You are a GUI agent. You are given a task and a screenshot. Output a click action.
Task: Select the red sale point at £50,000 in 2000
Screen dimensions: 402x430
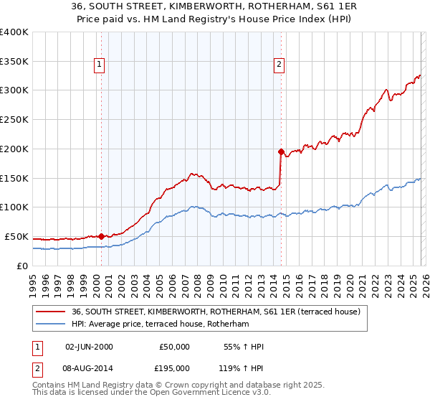(101, 235)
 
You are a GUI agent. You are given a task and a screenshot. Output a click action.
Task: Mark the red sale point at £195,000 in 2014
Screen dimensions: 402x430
(281, 151)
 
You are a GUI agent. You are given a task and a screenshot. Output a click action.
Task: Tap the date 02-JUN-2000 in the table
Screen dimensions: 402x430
(89, 347)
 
